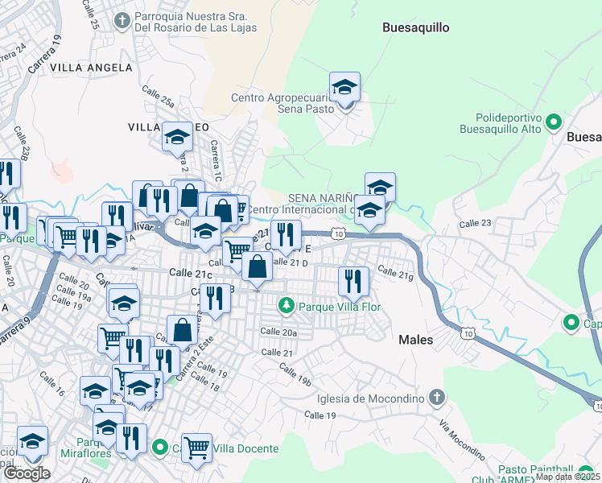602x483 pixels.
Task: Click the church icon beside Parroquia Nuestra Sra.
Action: (x=122, y=19)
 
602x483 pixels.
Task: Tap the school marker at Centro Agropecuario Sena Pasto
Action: (x=344, y=89)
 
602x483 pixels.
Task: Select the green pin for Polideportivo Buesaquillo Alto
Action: (x=554, y=122)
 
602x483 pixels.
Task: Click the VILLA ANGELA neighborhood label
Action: (x=91, y=68)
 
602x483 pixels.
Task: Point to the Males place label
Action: (x=416, y=340)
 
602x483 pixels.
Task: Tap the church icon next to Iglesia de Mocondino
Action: (x=436, y=398)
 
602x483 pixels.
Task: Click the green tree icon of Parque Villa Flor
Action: (x=285, y=306)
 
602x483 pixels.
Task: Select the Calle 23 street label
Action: (x=475, y=223)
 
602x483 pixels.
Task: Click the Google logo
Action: (x=27, y=473)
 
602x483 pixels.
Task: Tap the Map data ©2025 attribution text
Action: (x=567, y=477)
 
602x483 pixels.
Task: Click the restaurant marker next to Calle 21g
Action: (x=353, y=281)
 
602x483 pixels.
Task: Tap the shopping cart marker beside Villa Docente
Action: (x=196, y=448)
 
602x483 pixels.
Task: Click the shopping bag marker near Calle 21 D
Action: (x=257, y=267)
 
